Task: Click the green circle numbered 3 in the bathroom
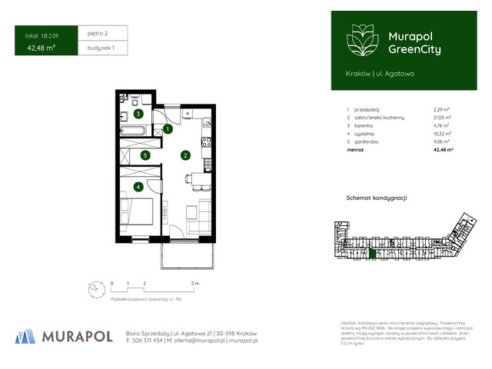point(138,114)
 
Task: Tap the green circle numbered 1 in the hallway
point(168,130)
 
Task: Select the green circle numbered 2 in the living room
point(185,155)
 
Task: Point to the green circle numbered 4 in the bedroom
point(138,186)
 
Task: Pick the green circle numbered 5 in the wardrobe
point(145,155)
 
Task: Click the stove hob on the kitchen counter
point(205,141)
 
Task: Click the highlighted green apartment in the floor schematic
point(374,253)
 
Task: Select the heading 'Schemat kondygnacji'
point(377,198)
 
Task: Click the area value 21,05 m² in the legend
point(442,117)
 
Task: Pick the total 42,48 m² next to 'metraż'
point(443,151)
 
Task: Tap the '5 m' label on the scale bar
point(195,284)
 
